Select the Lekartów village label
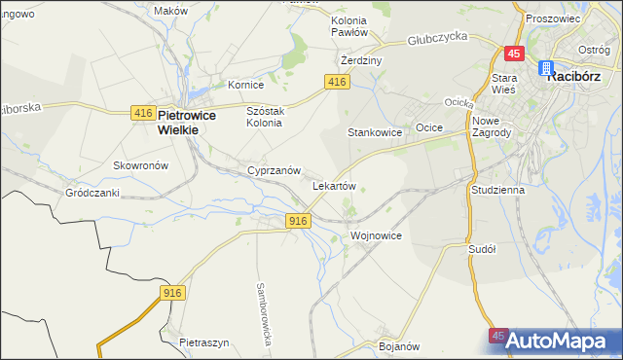coord(334,185)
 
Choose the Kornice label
coord(246,85)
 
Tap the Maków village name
coord(171,11)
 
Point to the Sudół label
coord(482,249)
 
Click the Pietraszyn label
coord(204,343)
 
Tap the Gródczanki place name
coord(92,193)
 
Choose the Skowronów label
coord(141,165)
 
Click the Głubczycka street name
coord(438,37)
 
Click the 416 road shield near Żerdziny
coord(337,83)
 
